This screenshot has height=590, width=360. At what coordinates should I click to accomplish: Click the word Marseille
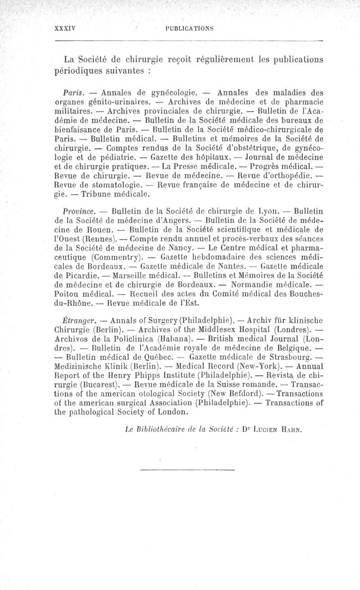click(120, 276)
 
